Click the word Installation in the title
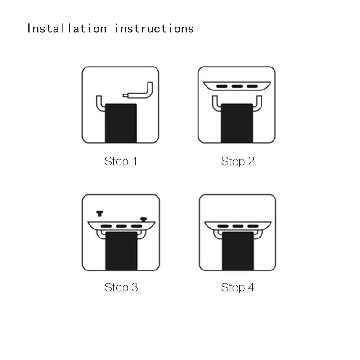pyautogui.click(x=67, y=29)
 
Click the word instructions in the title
pyautogui.click(x=154, y=29)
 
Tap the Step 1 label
pyautogui.click(x=121, y=161)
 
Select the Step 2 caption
pyautogui.click(x=238, y=161)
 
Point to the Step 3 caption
pyautogui.click(x=121, y=287)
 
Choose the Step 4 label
pyautogui.click(x=238, y=287)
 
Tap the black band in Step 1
pyautogui.click(x=121, y=123)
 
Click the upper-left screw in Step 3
pyautogui.click(x=99, y=213)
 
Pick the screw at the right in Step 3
pyautogui.click(x=144, y=220)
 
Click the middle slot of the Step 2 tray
pyautogui.click(x=237, y=86)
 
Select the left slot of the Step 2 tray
pyautogui.click(x=222, y=86)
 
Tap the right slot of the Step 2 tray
pyautogui.click(x=252, y=86)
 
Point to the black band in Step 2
pyautogui.click(x=237, y=123)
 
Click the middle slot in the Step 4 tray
pyautogui.click(x=238, y=226)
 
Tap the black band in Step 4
pyautogui.click(x=238, y=251)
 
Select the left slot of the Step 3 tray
pyautogui.click(x=106, y=226)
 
